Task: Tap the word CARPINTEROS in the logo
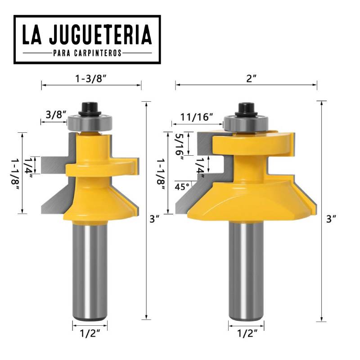click(100, 53)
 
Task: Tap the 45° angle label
click(182, 186)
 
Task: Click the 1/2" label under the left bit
click(90, 334)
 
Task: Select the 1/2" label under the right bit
click(246, 334)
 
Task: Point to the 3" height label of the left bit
click(155, 219)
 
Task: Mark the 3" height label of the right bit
click(332, 219)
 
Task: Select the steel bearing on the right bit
click(245, 122)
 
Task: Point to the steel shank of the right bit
click(246, 270)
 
